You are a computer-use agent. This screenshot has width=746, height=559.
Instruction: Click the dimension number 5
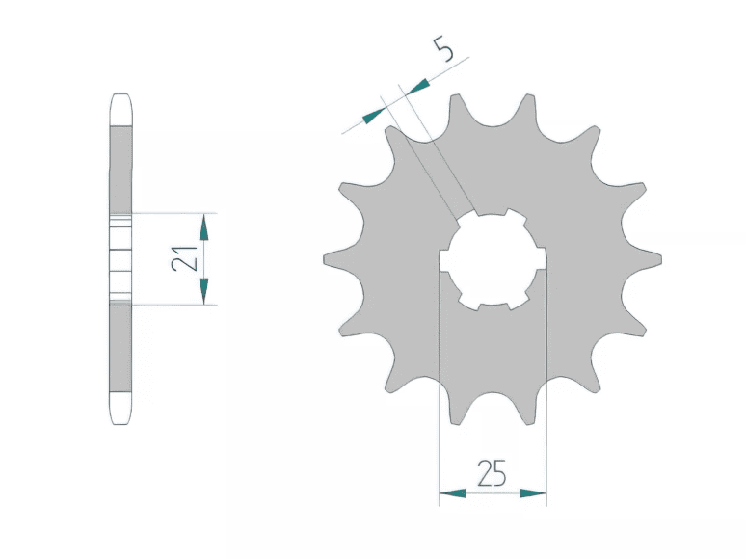coord(443,48)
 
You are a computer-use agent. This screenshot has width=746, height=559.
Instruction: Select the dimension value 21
coord(184,259)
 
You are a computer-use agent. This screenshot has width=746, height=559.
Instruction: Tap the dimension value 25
coord(492,473)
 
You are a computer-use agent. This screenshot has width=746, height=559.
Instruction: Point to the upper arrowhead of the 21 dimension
coord(204,226)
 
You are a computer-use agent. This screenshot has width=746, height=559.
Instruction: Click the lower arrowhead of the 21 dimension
coord(204,291)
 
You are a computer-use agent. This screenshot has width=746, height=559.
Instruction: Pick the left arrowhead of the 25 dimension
coord(452,493)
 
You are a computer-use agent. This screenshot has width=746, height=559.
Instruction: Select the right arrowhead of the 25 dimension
coord(533,493)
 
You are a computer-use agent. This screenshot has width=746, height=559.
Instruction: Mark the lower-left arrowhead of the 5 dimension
coord(373,116)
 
